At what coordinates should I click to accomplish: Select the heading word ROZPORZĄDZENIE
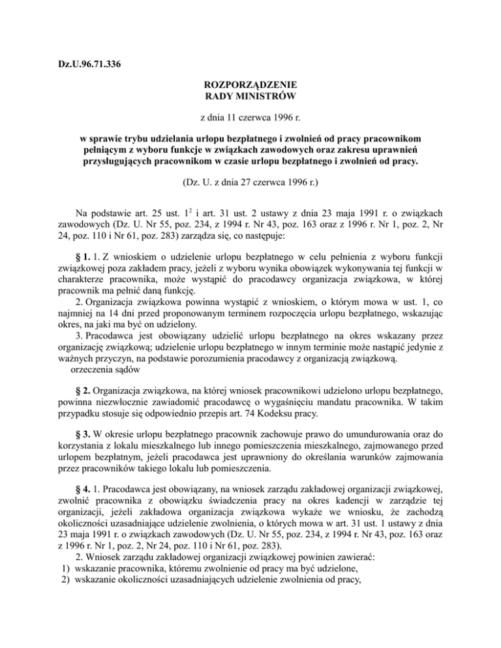pyautogui.click(x=250, y=85)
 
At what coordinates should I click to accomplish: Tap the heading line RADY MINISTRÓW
pyautogui.click(x=250, y=97)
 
